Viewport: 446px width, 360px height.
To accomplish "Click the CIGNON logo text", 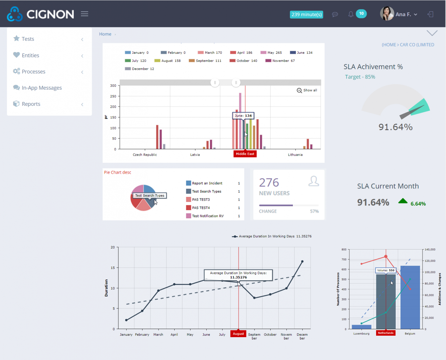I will tap(50, 14).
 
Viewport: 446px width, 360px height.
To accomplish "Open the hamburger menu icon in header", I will tap(84, 14).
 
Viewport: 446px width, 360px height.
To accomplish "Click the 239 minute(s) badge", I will tap(306, 14).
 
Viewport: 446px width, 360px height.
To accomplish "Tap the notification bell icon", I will tap(350, 14).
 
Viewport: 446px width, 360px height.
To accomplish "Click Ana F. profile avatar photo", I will tap(387, 14).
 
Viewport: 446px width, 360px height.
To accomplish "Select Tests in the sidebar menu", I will tap(28, 39).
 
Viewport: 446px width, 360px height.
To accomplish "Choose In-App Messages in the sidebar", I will tap(41, 88).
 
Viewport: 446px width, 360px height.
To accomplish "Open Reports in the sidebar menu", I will tap(31, 104).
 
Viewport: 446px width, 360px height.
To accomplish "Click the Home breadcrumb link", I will tap(105, 34).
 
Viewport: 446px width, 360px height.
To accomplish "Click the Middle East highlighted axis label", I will tap(245, 154).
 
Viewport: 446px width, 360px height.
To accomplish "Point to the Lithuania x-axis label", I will tap(295, 155).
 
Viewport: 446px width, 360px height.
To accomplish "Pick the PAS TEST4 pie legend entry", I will tap(201, 208).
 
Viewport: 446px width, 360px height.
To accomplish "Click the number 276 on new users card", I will tap(269, 182).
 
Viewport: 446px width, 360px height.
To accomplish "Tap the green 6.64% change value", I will tap(418, 204).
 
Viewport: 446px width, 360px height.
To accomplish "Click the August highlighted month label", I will tap(238, 334).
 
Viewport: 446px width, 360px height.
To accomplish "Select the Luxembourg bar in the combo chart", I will tap(361, 327).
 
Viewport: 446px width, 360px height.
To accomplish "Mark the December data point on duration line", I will tap(302, 262).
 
